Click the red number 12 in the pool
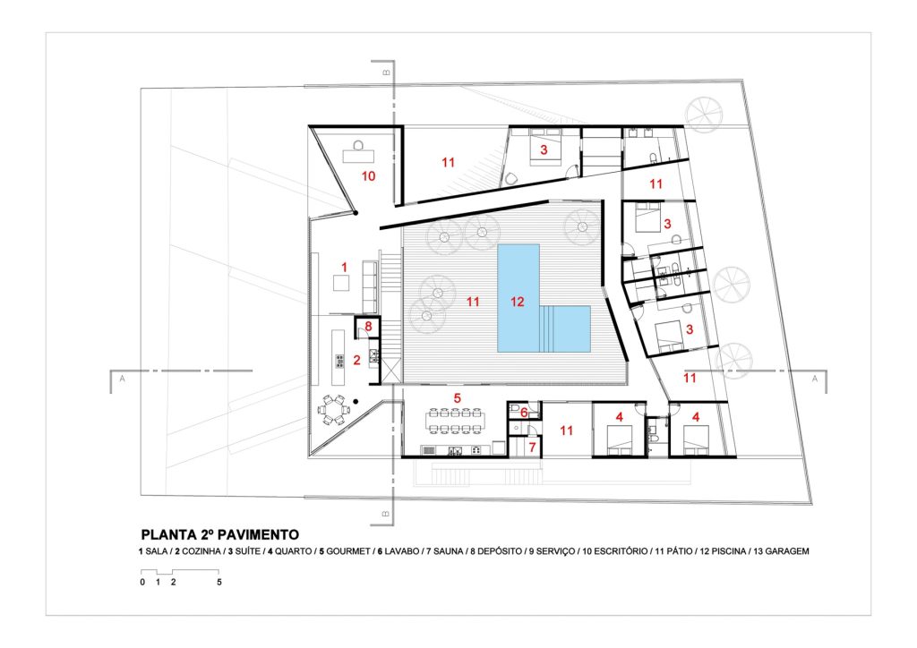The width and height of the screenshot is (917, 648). coord(517,302)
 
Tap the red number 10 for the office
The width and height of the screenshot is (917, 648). coord(368,176)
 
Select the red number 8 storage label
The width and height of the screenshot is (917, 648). coord(368,326)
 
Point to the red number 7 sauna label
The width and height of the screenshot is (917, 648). coord(532,448)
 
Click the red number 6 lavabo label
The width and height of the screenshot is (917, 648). coord(524,413)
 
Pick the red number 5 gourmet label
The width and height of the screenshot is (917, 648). coord(458,398)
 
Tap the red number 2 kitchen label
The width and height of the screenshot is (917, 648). coord(356,360)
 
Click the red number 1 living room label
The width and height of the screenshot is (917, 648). coord(345,267)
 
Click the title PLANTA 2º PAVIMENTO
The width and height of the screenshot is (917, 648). coord(220,534)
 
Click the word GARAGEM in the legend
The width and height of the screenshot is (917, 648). coord(786,551)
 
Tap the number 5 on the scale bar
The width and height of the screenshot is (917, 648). coord(219,582)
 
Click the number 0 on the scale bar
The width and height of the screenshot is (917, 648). coord(142,582)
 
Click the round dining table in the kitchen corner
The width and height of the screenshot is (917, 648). coord(333,410)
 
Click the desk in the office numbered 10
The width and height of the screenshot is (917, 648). coord(358,156)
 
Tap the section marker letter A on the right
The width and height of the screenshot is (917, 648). coord(815,379)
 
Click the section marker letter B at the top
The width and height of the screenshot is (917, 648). coord(386,72)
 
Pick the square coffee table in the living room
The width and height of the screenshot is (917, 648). coord(341,283)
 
